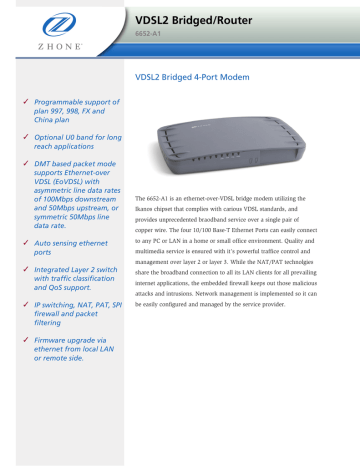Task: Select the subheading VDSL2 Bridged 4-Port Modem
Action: point(198,76)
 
